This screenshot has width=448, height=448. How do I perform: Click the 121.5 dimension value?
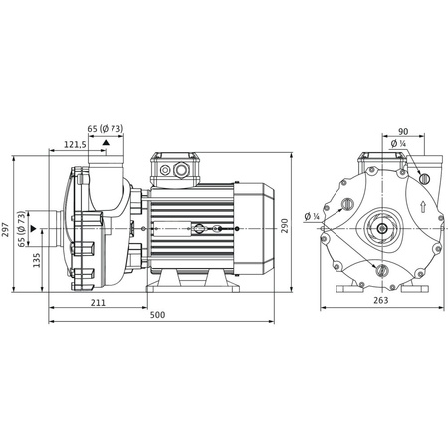click(x=74, y=145)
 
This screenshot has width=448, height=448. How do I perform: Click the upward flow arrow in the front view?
click(x=424, y=208)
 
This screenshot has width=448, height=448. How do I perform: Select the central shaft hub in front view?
click(x=381, y=228)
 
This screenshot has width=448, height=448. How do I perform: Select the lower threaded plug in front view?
click(x=379, y=269)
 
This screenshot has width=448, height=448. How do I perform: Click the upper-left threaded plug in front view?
click(x=345, y=205)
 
